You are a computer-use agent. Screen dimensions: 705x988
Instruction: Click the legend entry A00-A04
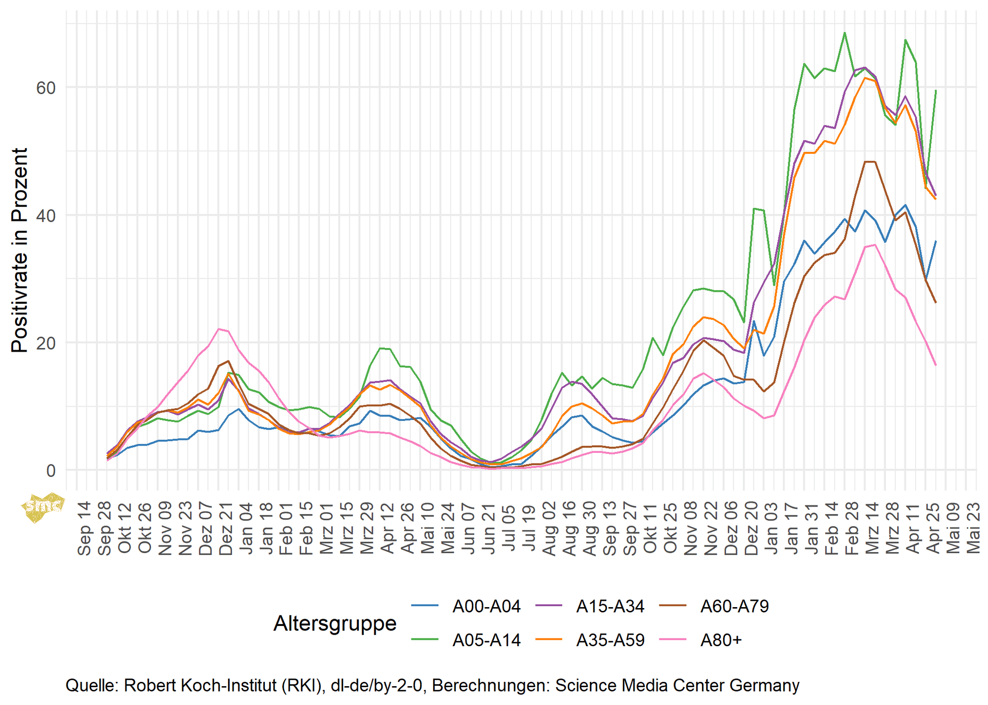[x=486, y=606]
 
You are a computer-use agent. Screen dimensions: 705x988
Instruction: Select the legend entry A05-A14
[x=486, y=640]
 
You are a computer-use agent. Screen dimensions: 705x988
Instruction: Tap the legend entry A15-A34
[x=610, y=606]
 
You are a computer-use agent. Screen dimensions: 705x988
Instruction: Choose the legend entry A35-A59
[x=610, y=640]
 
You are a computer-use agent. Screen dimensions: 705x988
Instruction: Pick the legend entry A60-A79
[x=734, y=606]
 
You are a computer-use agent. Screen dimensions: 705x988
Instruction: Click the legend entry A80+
[x=721, y=640]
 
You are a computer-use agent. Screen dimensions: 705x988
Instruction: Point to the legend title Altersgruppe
[x=335, y=623]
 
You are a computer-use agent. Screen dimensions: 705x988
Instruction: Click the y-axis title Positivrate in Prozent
[x=20, y=250]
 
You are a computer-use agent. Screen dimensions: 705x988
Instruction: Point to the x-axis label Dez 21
[x=226, y=528]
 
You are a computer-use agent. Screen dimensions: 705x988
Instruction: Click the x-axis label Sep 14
[x=84, y=528]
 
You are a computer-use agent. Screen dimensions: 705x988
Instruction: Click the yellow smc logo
[x=42, y=506]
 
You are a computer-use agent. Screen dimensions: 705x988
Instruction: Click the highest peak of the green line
[x=845, y=33]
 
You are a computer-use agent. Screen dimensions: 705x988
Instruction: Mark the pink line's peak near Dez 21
[x=219, y=329]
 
